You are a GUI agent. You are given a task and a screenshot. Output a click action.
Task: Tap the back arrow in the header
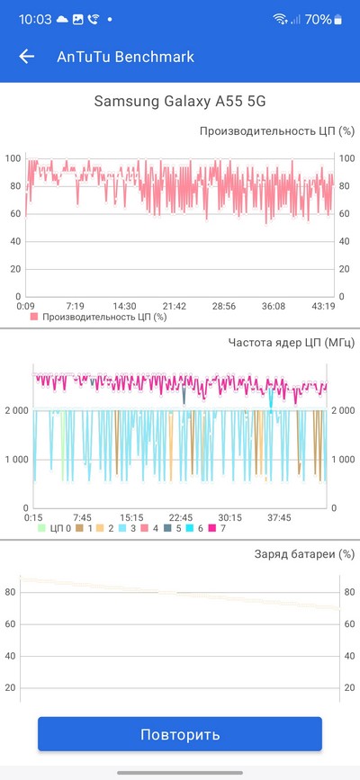tap(27, 57)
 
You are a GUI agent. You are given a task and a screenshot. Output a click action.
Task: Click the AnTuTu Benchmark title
tap(125, 57)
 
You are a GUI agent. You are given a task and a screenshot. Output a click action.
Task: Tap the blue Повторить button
tap(180, 734)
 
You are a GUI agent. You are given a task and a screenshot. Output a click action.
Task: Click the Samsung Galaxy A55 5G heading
tap(180, 101)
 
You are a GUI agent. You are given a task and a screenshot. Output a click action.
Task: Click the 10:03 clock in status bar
tap(35, 20)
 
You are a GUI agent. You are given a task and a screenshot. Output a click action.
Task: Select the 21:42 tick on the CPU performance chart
tap(175, 306)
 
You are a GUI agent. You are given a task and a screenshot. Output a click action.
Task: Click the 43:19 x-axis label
tap(323, 306)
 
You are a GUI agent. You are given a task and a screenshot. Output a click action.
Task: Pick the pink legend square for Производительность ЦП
tap(34, 317)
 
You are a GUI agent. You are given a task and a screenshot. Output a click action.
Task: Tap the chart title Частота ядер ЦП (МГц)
tap(292, 342)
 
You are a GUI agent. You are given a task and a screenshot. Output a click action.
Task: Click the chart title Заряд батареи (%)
tap(305, 553)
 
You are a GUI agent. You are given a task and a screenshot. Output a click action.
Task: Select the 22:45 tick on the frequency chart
tap(180, 518)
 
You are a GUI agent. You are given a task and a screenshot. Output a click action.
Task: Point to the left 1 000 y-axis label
tap(17, 459)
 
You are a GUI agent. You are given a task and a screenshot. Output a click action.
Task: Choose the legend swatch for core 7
tap(212, 528)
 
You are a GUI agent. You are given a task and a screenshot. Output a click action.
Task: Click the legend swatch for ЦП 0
tap(41, 528)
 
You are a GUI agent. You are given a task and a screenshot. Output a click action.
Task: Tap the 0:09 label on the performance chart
tap(25, 306)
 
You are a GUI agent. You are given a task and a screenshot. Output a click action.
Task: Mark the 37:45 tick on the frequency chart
tap(279, 518)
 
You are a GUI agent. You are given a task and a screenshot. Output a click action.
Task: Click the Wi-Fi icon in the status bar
tap(281, 20)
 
